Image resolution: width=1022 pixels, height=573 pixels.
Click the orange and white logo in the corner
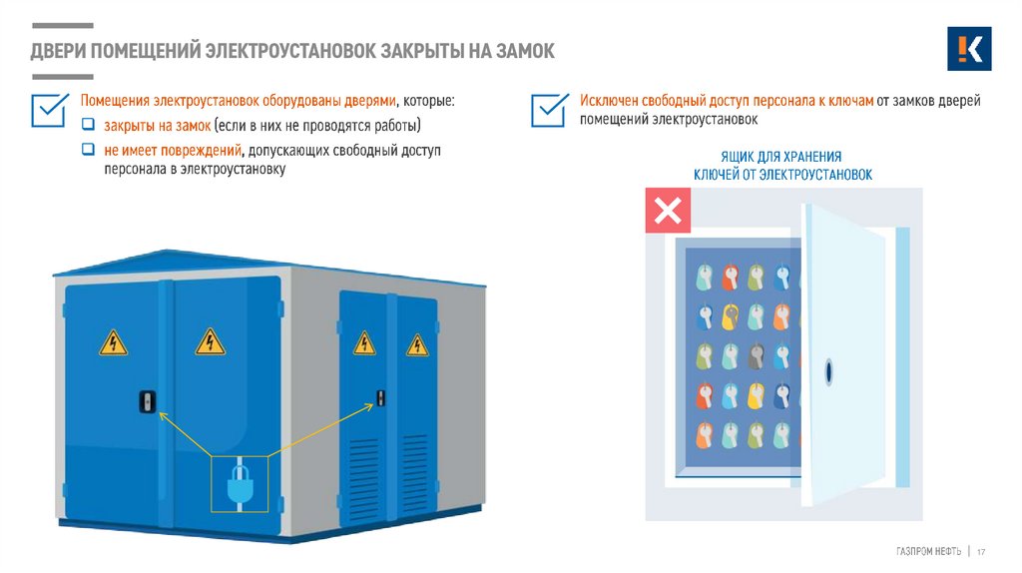coord(968,49)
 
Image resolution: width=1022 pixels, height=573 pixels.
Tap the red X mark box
coord(667,211)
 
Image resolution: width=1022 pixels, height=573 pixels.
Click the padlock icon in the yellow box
coord(239,485)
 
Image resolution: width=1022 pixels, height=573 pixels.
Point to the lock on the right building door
coord(380,398)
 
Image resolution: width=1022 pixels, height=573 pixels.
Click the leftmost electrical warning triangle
coord(113,344)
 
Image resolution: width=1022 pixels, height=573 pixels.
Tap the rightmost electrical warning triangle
coord(416,344)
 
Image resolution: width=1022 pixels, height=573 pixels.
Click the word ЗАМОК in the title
coord(519,51)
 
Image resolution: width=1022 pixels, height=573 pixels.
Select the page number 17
coord(981,552)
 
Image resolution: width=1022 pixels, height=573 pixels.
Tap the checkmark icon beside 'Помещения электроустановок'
coord(49,110)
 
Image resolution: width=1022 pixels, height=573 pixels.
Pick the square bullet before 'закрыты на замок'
coord(88,126)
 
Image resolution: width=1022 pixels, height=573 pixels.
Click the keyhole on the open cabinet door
coord(827,371)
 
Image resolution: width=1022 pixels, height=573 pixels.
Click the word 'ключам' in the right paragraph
coord(846,101)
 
